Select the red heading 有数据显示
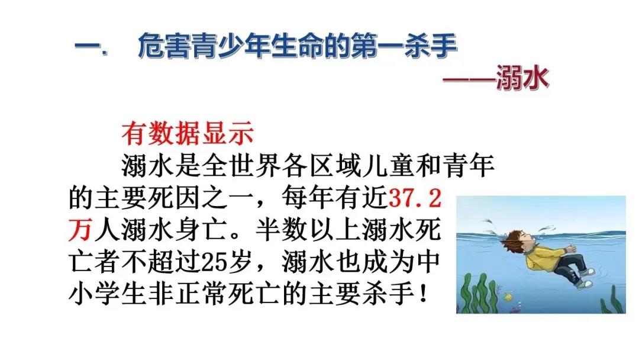pos(188,134)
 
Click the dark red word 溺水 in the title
pos(522,77)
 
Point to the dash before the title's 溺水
pos(469,78)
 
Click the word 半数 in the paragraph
pos(281,230)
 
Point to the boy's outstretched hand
pos(570,248)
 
